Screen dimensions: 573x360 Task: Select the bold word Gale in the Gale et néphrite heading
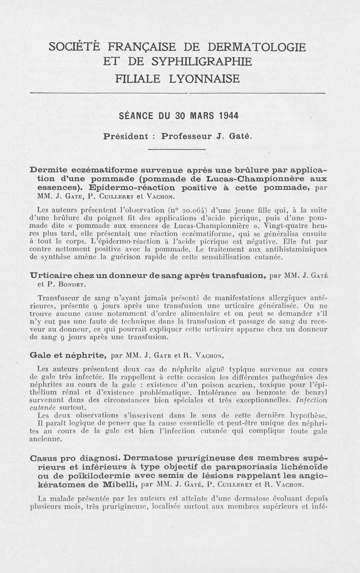(x=40, y=356)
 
